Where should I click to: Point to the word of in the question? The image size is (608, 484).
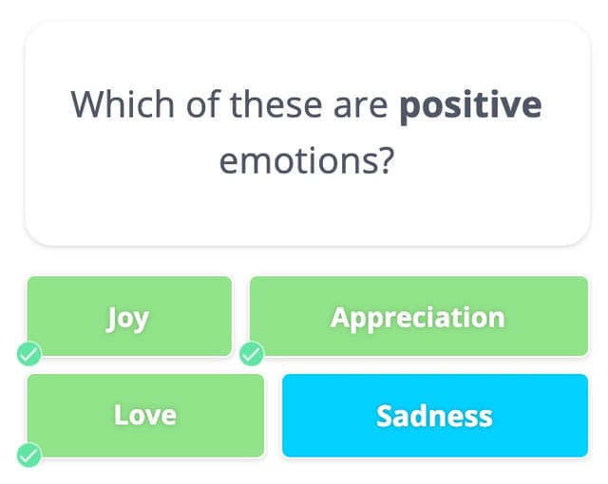click(202, 103)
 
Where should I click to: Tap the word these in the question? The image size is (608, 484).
click(275, 103)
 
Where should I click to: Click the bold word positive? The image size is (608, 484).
click(470, 105)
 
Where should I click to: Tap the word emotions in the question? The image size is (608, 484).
click(294, 161)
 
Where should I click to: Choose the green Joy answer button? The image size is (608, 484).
click(129, 316)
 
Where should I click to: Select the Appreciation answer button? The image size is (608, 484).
click(418, 316)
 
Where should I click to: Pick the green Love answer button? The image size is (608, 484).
click(145, 415)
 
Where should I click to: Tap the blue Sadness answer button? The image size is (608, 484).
click(435, 415)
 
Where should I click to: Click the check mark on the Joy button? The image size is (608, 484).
click(29, 355)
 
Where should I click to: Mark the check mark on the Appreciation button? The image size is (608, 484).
click(252, 355)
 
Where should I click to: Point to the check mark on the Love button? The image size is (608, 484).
click(29, 454)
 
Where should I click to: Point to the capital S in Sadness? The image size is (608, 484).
click(385, 415)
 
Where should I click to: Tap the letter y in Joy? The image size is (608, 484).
click(142, 320)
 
